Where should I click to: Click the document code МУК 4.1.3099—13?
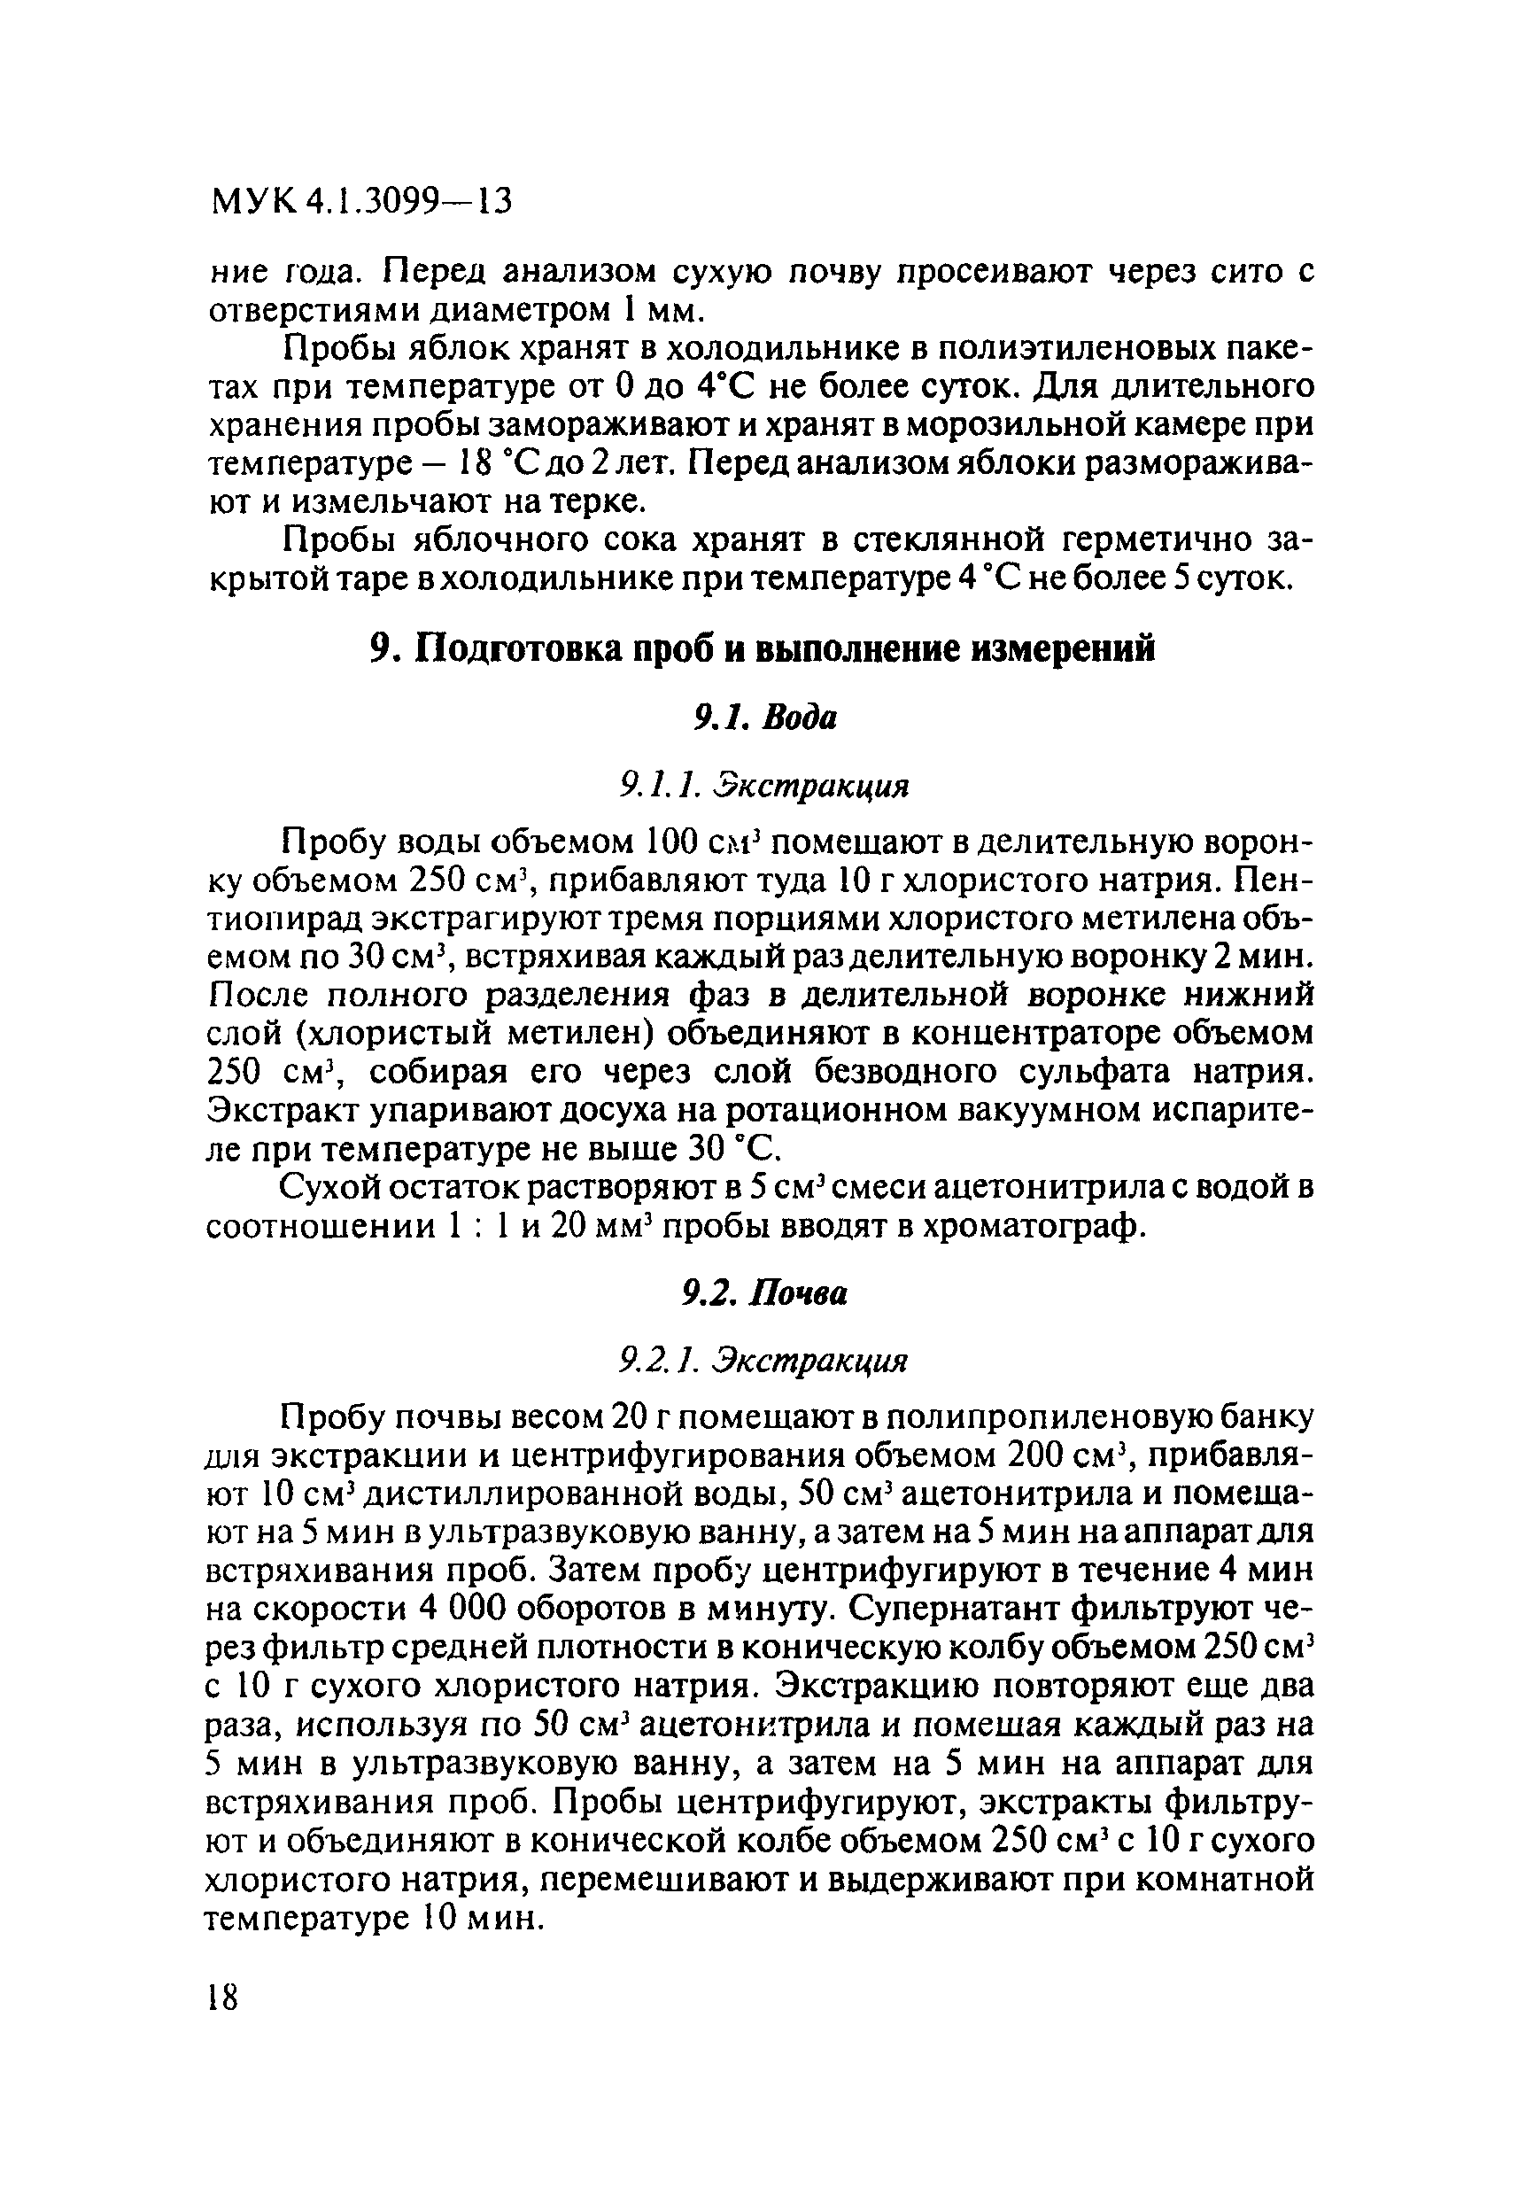(360, 201)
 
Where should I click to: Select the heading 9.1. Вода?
(763, 718)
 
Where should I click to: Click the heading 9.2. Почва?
(763, 1293)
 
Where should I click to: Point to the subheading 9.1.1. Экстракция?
(763, 786)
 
